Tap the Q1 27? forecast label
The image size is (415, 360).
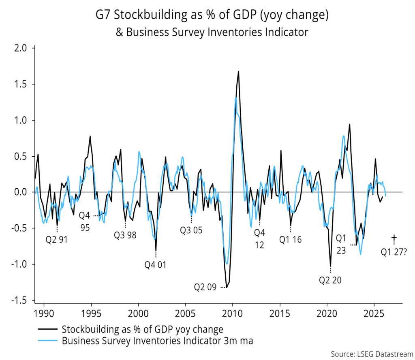click(394, 252)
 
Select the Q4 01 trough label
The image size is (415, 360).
click(155, 265)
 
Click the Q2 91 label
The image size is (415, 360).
click(56, 239)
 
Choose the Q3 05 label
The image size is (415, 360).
click(191, 230)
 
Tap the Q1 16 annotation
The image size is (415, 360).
click(290, 239)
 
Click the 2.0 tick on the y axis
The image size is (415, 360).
click(21, 49)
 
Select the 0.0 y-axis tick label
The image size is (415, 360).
click(21, 192)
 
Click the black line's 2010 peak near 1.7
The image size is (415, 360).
click(238, 72)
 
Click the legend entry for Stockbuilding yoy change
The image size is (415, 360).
click(142, 328)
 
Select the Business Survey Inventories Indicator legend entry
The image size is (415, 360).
click(157, 341)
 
